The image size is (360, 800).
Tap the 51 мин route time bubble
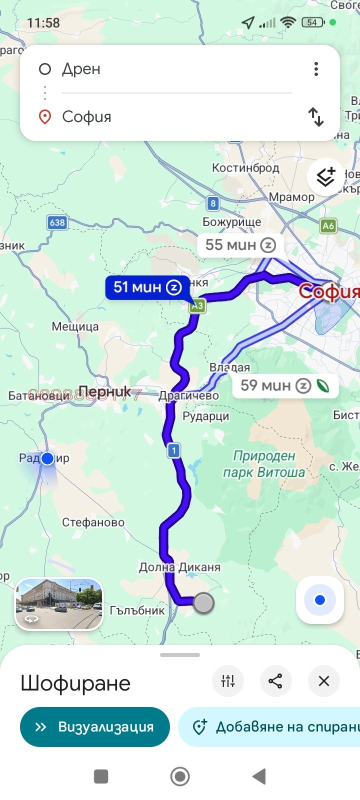(146, 287)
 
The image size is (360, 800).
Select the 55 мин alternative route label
(240, 245)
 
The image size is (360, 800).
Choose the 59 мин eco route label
(284, 385)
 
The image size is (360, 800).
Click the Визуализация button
(95, 726)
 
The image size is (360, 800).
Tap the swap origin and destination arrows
(316, 117)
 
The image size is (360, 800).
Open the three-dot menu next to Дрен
(316, 69)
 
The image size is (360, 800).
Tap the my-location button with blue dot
(320, 600)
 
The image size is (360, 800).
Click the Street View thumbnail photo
(59, 603)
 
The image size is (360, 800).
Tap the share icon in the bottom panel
(275, 680)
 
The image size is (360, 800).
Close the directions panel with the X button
(324, 680)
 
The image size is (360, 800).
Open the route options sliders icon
(228, 680)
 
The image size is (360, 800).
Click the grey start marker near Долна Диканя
(203, 603)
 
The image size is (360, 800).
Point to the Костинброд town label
(245, 167)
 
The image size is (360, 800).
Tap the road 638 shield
(57, 222)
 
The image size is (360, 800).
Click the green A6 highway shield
(328, 225)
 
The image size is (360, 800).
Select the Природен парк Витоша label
(264, 464)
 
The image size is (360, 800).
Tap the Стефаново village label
(93, 522)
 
